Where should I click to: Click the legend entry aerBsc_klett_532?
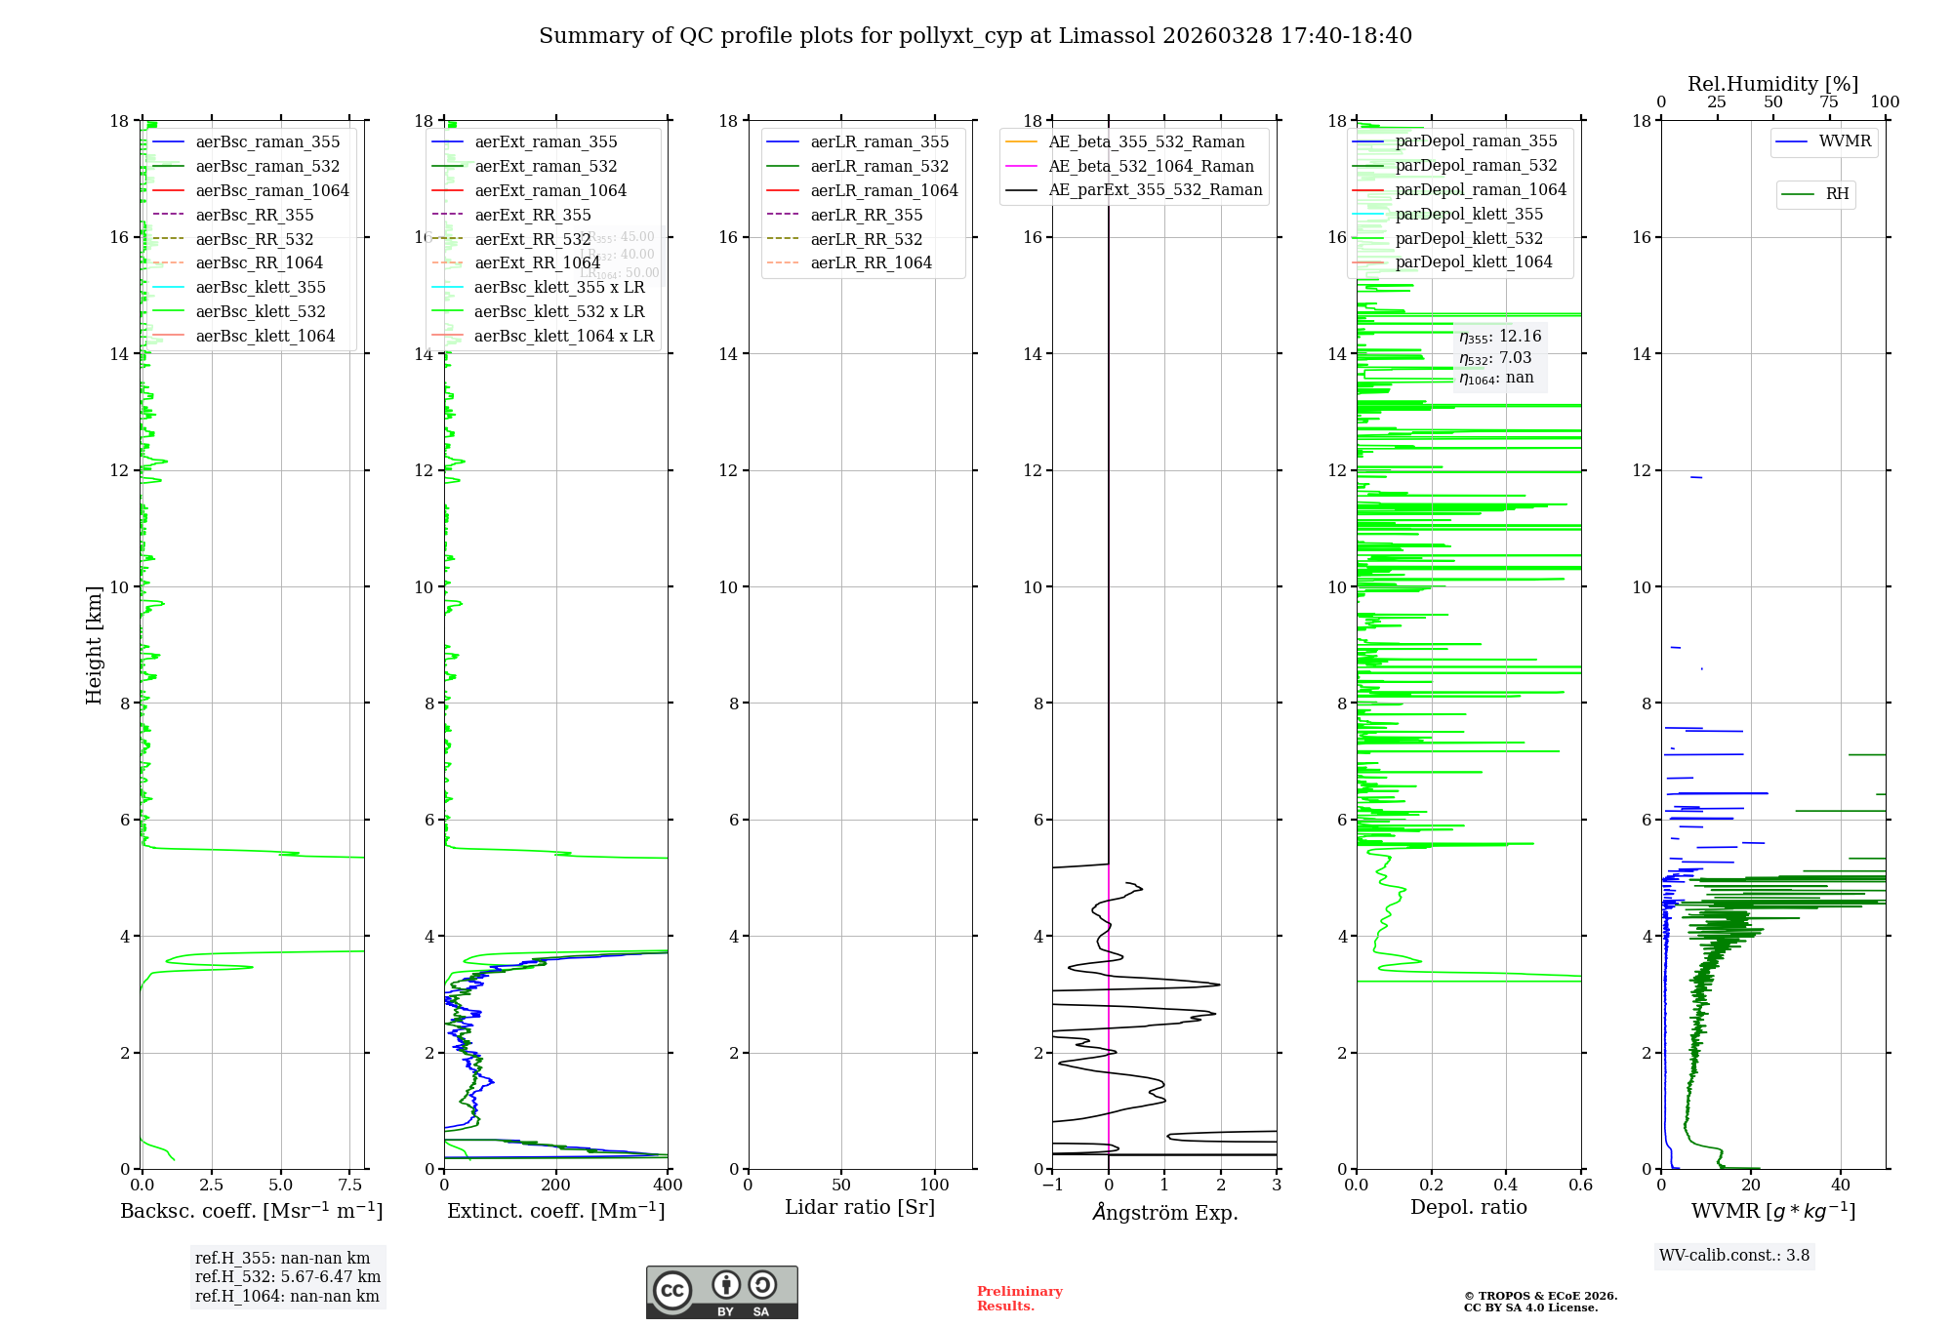coord(260,311)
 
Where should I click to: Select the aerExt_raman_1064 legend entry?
coord(550,190)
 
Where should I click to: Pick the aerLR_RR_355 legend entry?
coord(866,215)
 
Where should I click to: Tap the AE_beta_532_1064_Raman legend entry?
coord(1151,166)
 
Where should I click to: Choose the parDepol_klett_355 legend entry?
coord(1469,214)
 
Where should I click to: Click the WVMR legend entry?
coord(1845,141)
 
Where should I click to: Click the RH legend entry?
coord(1837,194)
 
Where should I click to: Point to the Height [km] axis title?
coord(94,645)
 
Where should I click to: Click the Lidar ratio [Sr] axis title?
coord(860,1207)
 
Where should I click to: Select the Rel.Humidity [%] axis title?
coord(1772,84)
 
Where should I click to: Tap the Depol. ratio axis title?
coord(1468,1207)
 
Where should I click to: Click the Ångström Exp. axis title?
coord(1164,1212)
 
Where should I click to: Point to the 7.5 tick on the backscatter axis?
coord(350,1185)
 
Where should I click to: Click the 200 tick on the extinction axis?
coord(556,1185)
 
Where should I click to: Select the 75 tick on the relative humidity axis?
coord(1829,102)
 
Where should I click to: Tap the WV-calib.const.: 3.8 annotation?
coord(1734,1256)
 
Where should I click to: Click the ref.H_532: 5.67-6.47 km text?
coord(288,1276)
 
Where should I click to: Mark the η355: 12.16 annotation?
coord(1500,337)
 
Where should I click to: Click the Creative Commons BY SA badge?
coord(721,1292)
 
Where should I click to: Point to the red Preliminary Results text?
coord(1019,1299)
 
